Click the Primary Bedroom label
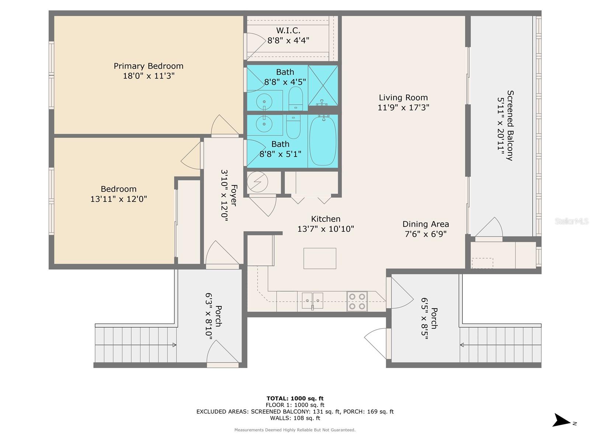click(148, 66)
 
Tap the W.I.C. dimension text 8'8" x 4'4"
click(288, 41)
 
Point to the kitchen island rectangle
click(320, 258)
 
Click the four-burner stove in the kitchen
click(357, 301)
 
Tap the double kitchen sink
click(312, 301)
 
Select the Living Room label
click(403, 98)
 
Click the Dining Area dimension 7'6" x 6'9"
click(426, 234)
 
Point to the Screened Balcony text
click(510, 125)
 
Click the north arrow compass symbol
click(562, 420)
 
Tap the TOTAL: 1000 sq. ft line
click(295, 398)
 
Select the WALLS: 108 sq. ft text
click(295, 418)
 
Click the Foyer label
click(233, 195)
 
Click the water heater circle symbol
click(257, 182)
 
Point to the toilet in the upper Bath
click(295, 99)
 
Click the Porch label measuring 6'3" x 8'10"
click(218, 316)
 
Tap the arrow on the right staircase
click(462, 345)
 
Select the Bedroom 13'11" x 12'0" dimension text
click(119, 199)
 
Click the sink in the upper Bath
click(264, 100)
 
